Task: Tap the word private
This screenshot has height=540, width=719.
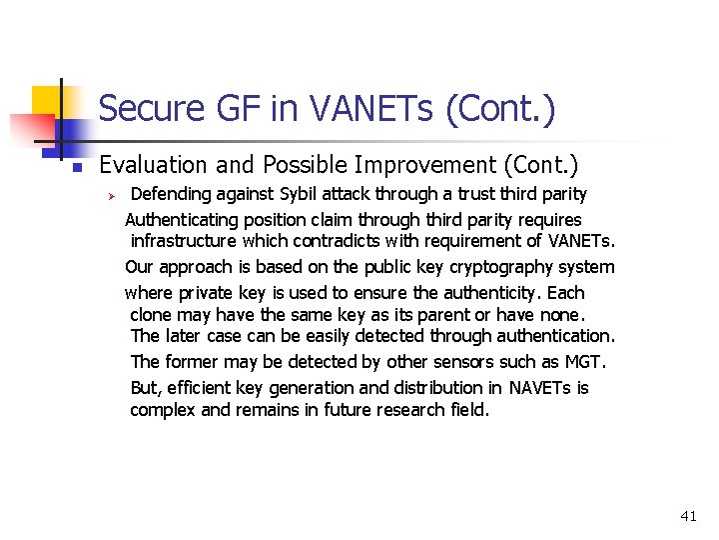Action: click(207, 293)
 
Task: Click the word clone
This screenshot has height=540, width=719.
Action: click(150, 314)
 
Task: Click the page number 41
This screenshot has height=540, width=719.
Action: click(688, 516)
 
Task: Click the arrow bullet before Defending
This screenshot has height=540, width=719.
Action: click(113, 194)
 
